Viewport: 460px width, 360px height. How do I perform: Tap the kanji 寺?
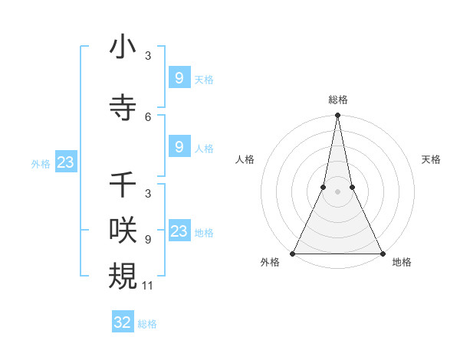[x=123, y=106]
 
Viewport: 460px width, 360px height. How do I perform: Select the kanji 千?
[x=123, y=185]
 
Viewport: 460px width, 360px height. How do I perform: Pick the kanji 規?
[x=123, y=275]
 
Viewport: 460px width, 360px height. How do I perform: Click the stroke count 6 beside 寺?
[x=148, y=116]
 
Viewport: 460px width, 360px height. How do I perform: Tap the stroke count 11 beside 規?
[x=149, y=285]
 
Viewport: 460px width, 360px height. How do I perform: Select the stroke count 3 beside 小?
[x=148, y=56]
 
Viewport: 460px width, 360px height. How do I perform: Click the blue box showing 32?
[x=123, y=322]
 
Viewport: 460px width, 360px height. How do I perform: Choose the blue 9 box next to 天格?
[x=179, y=77]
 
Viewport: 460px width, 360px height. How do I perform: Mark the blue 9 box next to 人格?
[x=179, y=147]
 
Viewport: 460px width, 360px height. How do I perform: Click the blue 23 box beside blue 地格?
[x=179, y=231]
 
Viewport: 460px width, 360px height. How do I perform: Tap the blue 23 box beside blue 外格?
[x=65, y=162]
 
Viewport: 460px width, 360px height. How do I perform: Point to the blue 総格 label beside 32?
[x=147, y=324]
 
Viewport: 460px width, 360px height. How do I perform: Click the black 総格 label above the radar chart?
[x=337, y=100]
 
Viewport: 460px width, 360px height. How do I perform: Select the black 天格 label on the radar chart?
[x=432, y=159]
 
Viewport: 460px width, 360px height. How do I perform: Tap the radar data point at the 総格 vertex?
[x=337, y=116]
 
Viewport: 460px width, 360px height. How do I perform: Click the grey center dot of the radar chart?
[x=337, y=192]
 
